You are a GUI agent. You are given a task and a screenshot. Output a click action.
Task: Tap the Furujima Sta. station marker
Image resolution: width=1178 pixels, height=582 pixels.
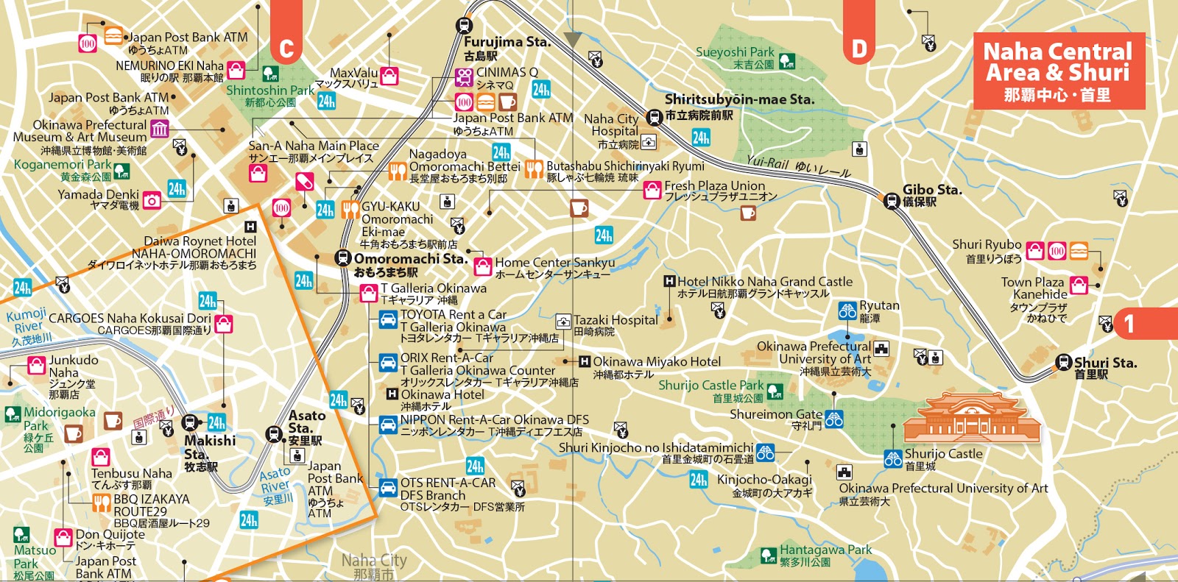464,24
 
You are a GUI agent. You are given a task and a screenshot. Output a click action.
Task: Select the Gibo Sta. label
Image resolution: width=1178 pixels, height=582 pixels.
932,190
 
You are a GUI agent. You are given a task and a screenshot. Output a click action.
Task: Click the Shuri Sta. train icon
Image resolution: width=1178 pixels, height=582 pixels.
1063,362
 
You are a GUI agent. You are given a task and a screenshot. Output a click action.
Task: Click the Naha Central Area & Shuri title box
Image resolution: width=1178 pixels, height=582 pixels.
1059,71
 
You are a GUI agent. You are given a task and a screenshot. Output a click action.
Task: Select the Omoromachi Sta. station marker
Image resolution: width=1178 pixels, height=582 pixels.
342,258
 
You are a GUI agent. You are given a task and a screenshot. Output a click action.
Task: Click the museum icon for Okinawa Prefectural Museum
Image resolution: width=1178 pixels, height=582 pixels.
159,129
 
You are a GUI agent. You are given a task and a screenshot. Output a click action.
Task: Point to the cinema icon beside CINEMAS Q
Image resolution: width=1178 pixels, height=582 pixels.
464,77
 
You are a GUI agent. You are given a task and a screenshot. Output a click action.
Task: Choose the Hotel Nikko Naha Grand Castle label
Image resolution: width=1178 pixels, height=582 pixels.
764,282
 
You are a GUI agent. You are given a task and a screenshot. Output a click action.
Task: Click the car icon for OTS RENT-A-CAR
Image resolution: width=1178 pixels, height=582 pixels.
388,487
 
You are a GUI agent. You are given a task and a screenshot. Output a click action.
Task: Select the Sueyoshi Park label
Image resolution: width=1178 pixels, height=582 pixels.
735,52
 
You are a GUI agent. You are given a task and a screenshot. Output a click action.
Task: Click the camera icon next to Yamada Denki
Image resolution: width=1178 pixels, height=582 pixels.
152,200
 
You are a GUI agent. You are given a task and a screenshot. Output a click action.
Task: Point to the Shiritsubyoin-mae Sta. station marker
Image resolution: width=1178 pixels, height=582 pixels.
654,117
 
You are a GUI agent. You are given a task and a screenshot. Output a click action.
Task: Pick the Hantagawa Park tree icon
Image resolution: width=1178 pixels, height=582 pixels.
769,555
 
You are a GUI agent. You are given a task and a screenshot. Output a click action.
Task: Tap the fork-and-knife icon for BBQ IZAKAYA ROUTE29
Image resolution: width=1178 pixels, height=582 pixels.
102,503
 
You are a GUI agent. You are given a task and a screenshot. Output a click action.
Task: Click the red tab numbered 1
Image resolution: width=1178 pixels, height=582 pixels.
1129,324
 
